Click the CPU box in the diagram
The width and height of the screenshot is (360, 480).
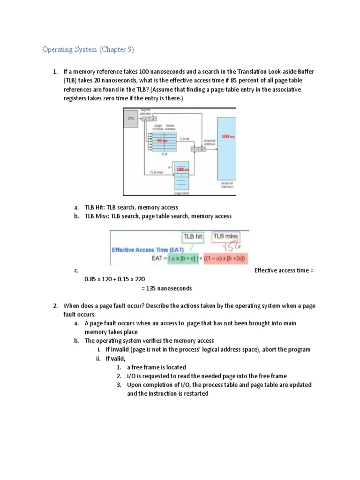(130, 119)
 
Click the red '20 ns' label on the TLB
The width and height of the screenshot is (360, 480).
(162, 140)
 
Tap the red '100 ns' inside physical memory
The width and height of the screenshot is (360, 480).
(228, 136)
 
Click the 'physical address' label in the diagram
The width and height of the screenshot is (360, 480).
(210, 142)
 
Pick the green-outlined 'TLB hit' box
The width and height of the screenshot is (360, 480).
(193, 237)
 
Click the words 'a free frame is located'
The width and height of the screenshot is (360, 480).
(157, 367)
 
